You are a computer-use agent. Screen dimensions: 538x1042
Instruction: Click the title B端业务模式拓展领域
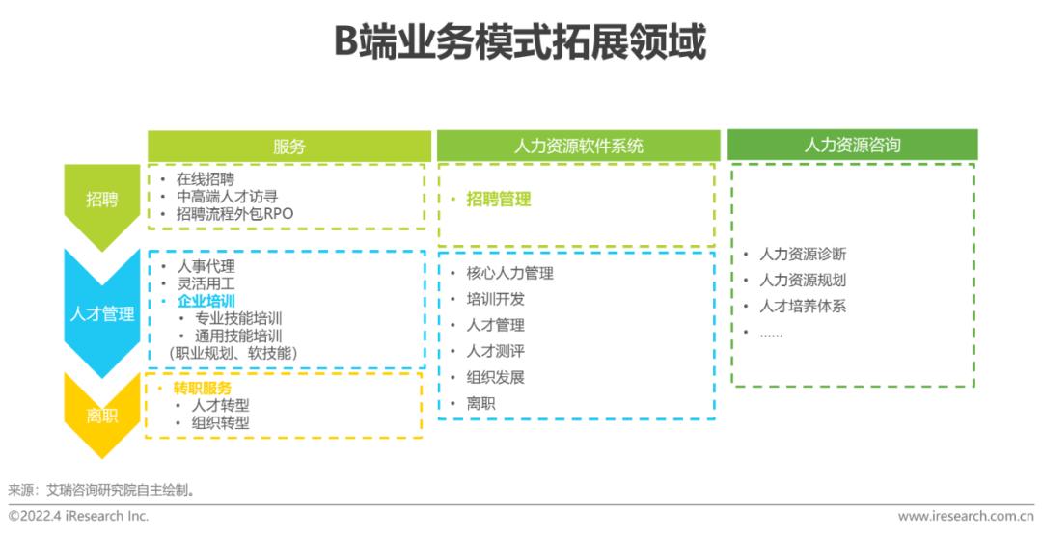(x=520, y=43)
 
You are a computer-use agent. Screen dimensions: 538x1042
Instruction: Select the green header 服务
(x=288, y=147)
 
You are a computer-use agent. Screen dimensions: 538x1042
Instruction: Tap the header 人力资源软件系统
(x=578, y=147)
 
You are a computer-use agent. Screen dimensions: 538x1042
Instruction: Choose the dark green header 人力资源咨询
(x=852, y=145)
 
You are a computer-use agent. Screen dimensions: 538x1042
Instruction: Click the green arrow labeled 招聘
(x=101, y=200)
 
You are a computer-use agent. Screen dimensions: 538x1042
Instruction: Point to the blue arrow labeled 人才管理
(x=102, y=313)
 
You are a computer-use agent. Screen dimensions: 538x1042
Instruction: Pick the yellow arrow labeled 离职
(x=101, y=416)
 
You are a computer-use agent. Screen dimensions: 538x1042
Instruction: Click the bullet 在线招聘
(x=205, y=179)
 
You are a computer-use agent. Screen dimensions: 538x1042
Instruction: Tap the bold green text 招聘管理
(x=498, y=200)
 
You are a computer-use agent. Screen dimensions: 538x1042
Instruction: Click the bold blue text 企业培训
(x=206, y=301)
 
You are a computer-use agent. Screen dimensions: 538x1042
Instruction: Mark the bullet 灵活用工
(x=206, y=283)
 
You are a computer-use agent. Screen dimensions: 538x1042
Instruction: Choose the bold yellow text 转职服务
(x=203, y=388)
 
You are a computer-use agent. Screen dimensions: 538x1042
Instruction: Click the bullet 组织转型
(x=221, y=422)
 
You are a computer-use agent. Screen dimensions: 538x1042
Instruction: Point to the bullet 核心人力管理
(x=509, y=274)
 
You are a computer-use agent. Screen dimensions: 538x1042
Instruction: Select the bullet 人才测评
(x=495, y=352)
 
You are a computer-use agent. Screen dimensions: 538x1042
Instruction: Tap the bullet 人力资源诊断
(x=803, y=255)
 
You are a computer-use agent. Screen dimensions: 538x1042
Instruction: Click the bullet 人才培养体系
(x=803, y=307)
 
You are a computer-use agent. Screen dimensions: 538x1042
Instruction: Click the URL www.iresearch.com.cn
(x=965, y=517)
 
